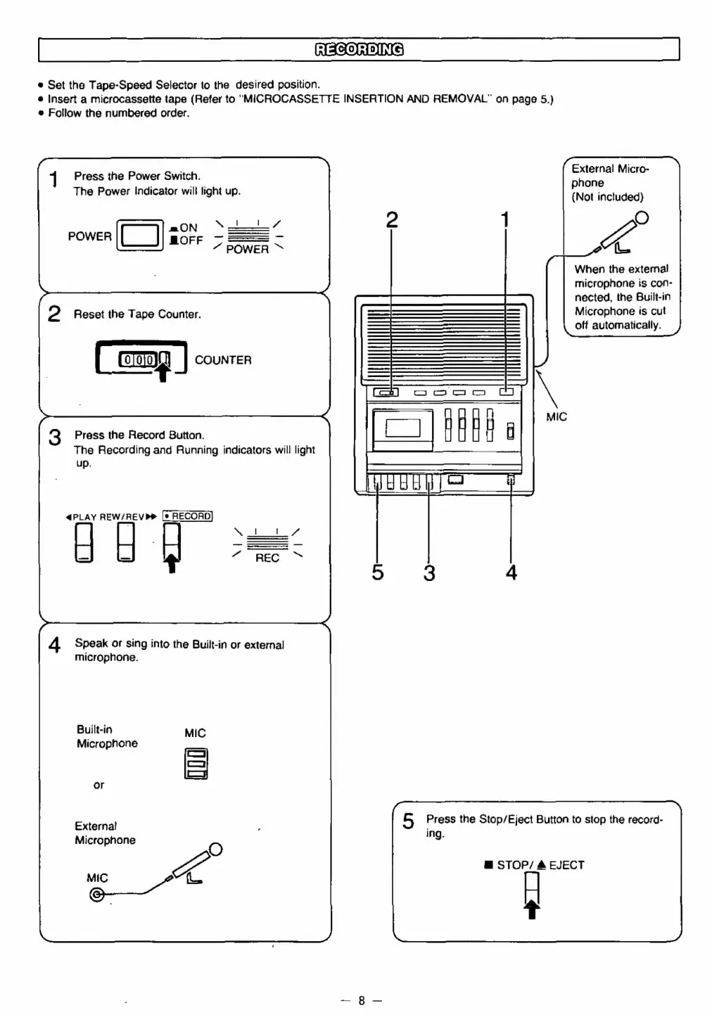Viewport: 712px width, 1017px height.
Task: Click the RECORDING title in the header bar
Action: point(359,49)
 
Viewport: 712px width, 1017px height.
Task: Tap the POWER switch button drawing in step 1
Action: point(139,236)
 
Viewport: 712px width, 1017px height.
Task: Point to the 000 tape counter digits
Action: point(139,360)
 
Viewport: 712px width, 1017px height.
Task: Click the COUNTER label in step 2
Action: point(222,360)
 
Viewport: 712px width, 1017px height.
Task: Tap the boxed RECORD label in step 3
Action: point(187,516)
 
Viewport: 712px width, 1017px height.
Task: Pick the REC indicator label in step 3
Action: point(267,558)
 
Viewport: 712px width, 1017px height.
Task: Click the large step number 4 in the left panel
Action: point(54,645)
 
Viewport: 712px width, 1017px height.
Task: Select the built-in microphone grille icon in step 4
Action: point(196,763)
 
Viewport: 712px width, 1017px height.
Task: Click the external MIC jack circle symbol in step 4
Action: point(96,895)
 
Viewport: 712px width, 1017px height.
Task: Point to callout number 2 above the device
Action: point(392,220)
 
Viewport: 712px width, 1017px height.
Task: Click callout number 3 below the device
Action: point(429,573)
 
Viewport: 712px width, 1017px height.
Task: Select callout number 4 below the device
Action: point(511,573)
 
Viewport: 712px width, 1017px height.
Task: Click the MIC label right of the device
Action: point(556,417)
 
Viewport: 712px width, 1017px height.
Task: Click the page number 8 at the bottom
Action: point(361,1000)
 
